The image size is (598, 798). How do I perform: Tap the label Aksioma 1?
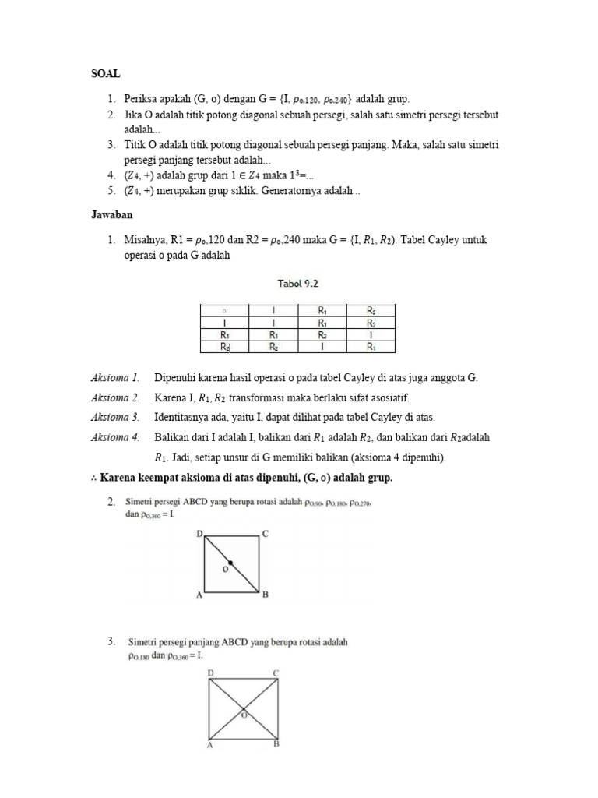pyautogui.click(x=115, y=378)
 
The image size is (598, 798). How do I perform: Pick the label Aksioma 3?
pyautogui.click(x=115, y=417)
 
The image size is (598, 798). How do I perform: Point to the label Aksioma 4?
pyautogui.click(x=115, y=437)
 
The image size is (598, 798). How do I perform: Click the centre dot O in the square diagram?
pyautogui.click(x=231, y=562)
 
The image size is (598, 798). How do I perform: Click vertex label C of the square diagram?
pyautogui.click(x=266, y=534)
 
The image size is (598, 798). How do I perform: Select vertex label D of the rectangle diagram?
pyautogui.click(x=210, y=673)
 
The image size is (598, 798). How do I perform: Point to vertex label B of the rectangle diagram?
pyautogui.click(x=276, y=745)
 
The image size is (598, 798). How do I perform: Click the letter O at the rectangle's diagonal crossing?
pyautogui.click(x=244, y=713)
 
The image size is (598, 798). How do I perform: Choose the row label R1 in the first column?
pyautogui.click(x=224, y=334)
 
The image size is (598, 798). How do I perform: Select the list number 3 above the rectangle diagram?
pyautogui.click(x=111, y=641)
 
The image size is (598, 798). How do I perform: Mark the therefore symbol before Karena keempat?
pyautogui.click(x=95, y=478)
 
